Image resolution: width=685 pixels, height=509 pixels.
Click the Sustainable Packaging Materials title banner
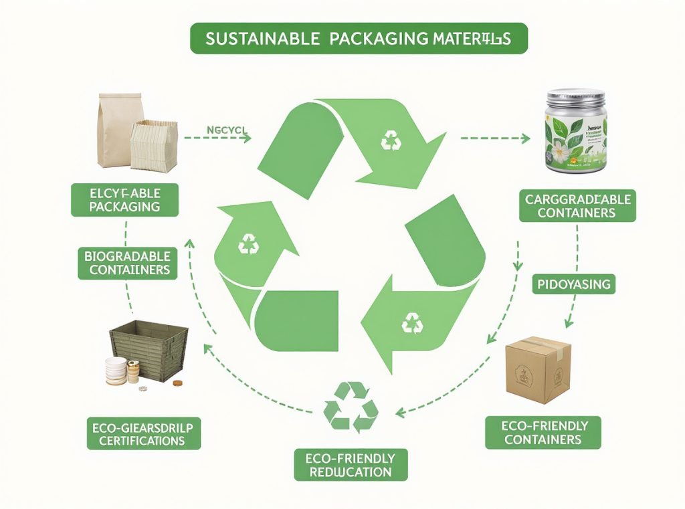[x=359, y=39]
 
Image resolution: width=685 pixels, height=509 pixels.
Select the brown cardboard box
[x=537, y=369]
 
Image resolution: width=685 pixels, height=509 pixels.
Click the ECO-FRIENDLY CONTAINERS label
[x=543, y=432]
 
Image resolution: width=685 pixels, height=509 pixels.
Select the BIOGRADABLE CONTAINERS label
[x=127, y=263]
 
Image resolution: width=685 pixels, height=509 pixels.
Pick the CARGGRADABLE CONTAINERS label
[x=577, y=205]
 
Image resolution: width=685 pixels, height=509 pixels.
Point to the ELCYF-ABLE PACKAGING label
[x=124, y=200]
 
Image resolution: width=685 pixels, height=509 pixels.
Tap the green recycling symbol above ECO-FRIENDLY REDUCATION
[x=351, y=407]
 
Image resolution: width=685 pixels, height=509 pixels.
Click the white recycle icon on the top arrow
[x=391, y=140]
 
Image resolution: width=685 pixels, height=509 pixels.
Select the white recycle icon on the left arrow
[x=249, y=244]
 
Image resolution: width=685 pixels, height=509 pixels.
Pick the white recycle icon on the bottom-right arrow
[x=412, y=324]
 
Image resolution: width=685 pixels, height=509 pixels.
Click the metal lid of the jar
[x=576, y=95]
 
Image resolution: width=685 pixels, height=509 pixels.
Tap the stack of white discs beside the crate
[x=116, y=371]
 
